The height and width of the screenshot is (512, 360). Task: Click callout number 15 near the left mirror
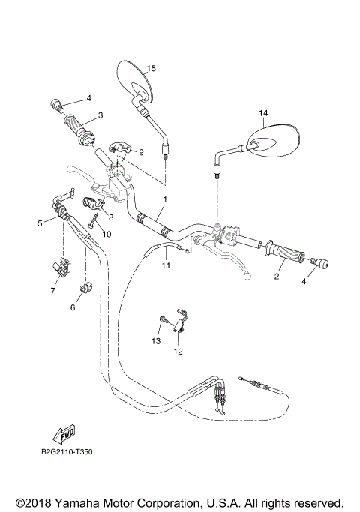tap(151, 68)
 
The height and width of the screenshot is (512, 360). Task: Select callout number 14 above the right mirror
tap(263, 114)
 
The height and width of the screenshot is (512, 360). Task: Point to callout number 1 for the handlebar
tap(165, 200)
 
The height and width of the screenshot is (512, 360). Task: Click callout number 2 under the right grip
tap(276, 277)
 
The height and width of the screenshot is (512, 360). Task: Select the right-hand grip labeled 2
tap(284, 252)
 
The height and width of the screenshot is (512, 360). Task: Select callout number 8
tap(110, 217)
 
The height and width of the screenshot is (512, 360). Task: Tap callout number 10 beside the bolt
tap(106, 234)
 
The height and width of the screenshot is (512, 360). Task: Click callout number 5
tap(40, 223)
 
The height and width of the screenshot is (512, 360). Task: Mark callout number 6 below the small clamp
tap(73, 307)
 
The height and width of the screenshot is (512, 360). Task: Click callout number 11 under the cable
tap(166, 265)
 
